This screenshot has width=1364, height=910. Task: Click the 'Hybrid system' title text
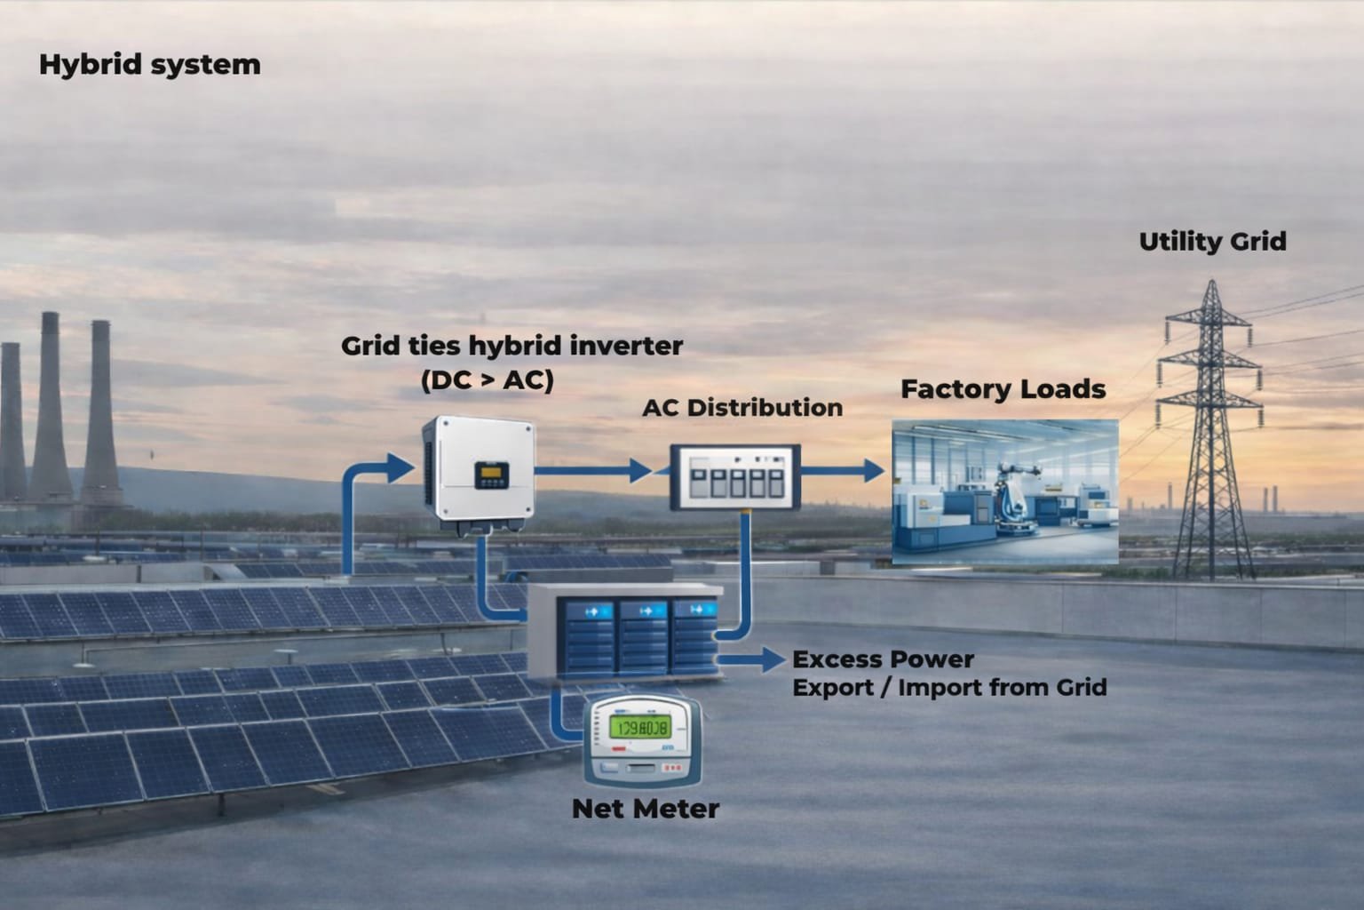pos(149,65)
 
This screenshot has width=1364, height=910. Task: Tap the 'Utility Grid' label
pos(1212,242)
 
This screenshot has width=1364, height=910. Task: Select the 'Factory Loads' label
pos(1003,389)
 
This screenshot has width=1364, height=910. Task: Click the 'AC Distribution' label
pos(741,408)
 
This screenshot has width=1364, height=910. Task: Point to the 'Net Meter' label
pos(645,809)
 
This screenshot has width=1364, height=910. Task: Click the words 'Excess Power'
pos(883,660)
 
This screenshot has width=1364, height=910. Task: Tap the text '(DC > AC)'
pos(487,380)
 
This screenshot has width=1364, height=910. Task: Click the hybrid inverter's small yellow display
pos(489,475)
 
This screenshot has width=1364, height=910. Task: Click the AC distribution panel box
pos(734,476)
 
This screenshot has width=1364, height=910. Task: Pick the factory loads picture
pos(1004,491)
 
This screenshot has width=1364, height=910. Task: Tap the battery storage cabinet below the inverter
pos(625,631)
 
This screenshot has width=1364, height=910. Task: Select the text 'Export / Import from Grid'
pos(948,688)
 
